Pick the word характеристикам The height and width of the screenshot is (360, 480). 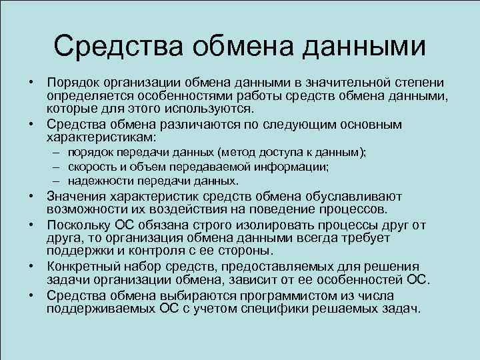pos(100,137)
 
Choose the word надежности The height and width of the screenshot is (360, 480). pos(97,181)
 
